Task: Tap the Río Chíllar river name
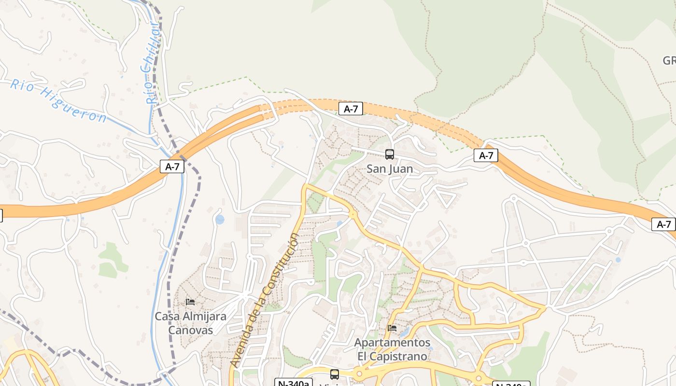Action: tap(152, 62)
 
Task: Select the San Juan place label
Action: tap(390, 169)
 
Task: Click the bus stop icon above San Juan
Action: tap(390, 154)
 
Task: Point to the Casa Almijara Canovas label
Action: tap(190, 323)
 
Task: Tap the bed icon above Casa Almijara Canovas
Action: tap(190, 302)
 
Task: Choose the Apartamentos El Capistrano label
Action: tap(392, 349)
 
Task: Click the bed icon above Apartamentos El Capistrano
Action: tap(392, 328)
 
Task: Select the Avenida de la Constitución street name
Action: tap(265, 299)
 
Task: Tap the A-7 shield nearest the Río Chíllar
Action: tap(172, 167)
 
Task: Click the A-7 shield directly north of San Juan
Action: tap(351, 109)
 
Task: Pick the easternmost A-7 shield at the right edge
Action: tap(664, 224)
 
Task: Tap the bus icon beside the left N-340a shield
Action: tap(334, 374)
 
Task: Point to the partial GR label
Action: tap(669, 61)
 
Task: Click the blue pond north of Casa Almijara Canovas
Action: tap(220, 220)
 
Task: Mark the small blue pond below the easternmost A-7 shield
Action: tap(618, 260)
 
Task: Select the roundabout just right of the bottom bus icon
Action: tap(359, 374)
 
